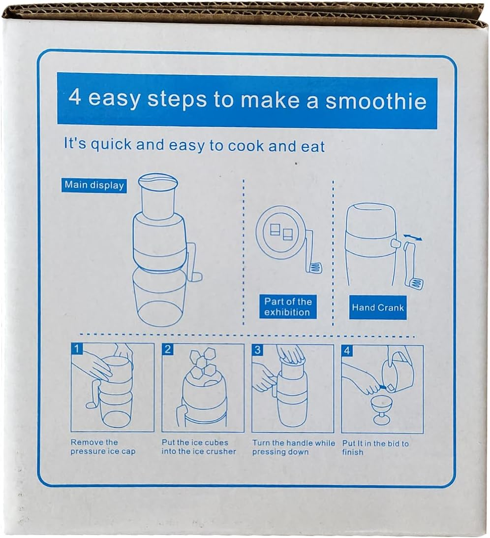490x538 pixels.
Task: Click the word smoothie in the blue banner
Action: [x=375, y=101]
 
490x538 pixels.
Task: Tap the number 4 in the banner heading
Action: [x=75, y=98]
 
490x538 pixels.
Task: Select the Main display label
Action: [x=94, y=185]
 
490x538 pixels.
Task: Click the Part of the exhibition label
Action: [x=287, y=307]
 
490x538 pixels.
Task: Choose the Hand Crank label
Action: [x=378, y=307]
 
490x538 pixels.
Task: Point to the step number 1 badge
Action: [x=77, y=349]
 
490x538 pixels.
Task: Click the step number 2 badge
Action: [x=168, y=350]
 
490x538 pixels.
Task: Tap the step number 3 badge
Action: [x=258, y=350]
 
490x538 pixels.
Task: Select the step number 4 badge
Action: [x=347, y=351]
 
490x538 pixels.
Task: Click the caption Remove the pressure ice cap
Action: [x=103, y=447]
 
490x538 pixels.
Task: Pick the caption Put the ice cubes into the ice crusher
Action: [x=199, y=447]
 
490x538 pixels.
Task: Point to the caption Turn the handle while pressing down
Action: [x=294, y=447]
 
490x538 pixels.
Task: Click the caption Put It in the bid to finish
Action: [x=375, y=448]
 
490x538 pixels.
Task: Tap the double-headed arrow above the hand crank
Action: [x=413, y=238]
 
